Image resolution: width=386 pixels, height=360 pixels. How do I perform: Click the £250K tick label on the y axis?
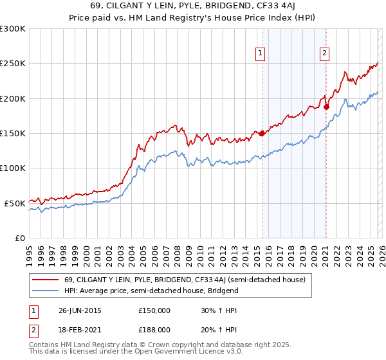pos(13,64)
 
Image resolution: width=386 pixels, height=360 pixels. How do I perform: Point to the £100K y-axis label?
pos(13,168)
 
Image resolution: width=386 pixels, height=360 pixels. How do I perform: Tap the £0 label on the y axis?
pos(19,238)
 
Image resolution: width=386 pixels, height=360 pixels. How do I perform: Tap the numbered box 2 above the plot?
pos(325,53)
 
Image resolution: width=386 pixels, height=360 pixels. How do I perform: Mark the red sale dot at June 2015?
pos(262,134)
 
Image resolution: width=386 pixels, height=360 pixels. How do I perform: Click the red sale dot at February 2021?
pos(326,107)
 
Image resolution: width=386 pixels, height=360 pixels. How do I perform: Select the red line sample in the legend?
pos(46,280)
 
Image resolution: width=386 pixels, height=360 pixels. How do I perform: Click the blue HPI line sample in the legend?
pos(46,291)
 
